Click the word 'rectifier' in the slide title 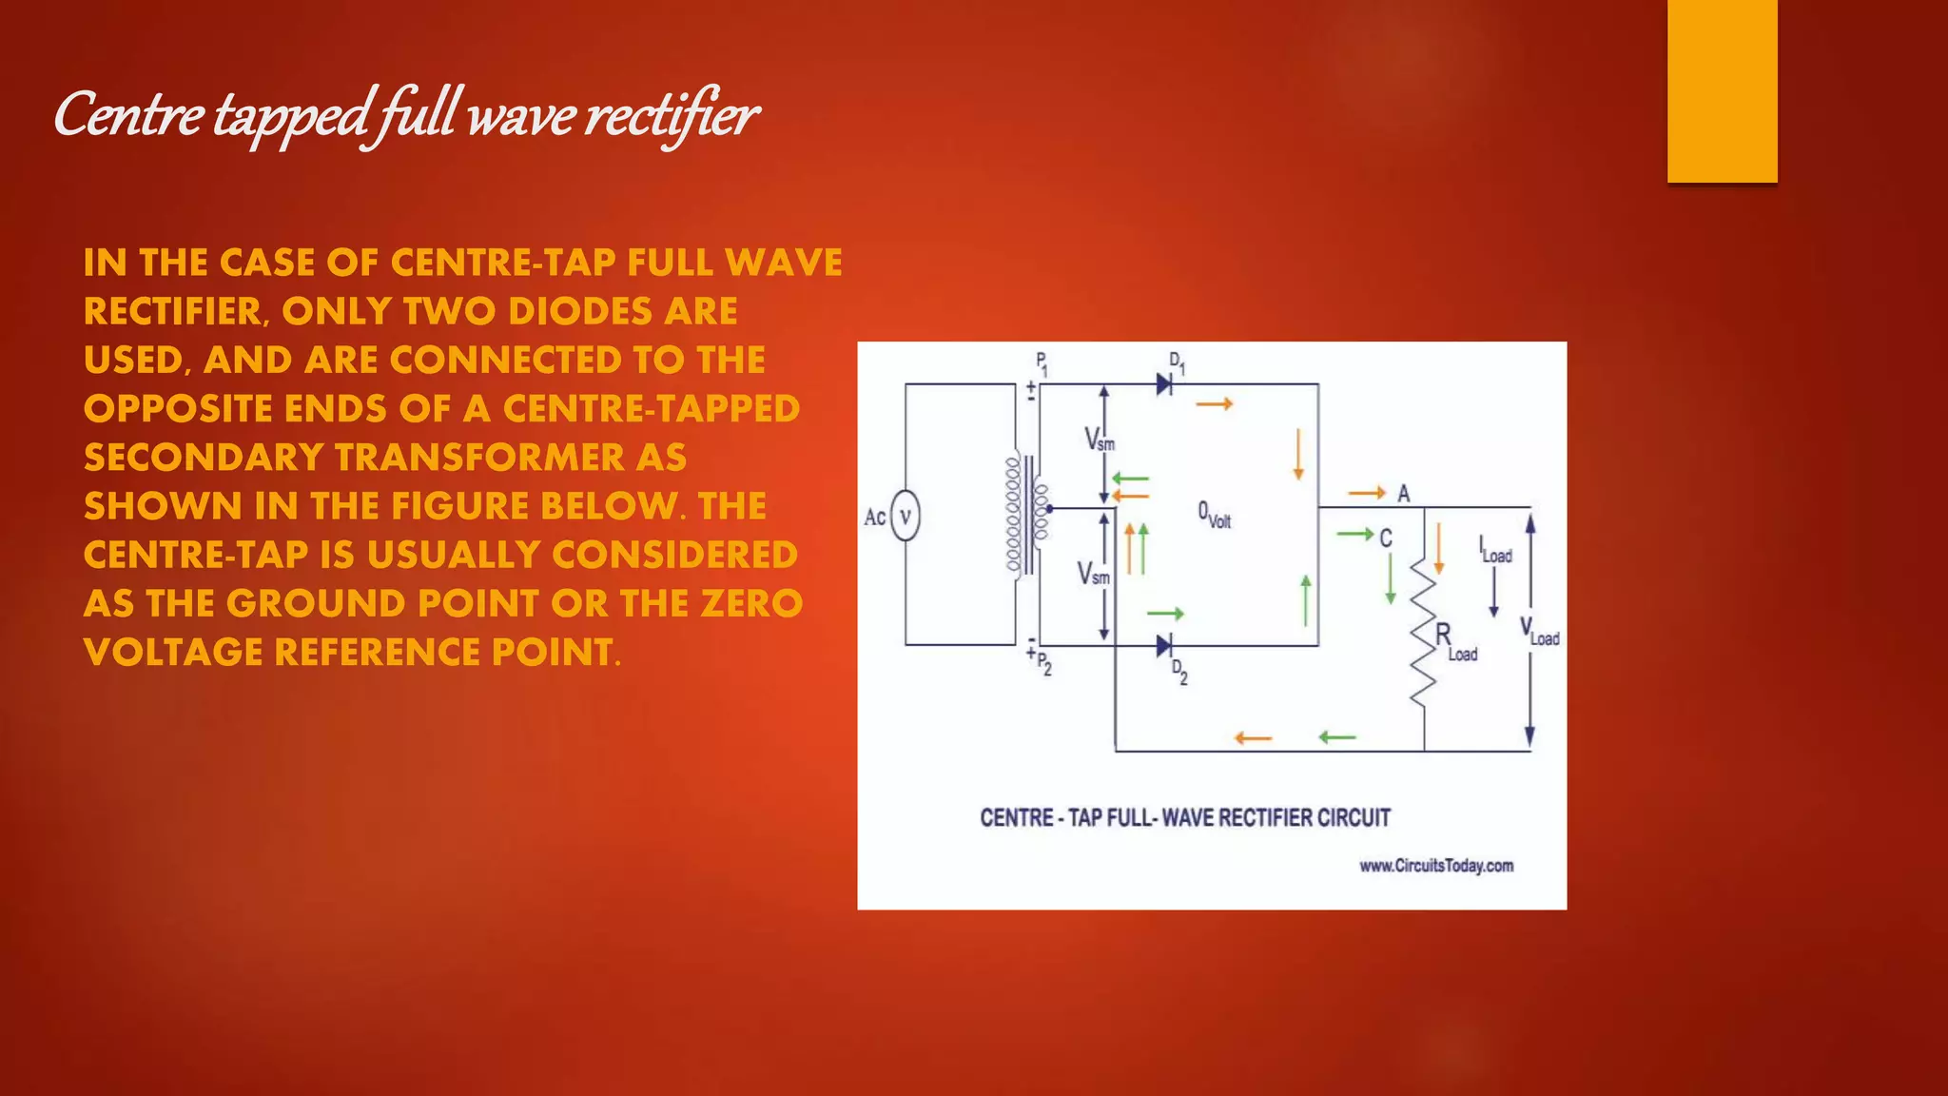671,116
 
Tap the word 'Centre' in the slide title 127,116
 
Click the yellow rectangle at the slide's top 1722,90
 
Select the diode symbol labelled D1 1163,384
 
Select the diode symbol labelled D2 1163,646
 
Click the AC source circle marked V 905,517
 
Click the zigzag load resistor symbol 1422,632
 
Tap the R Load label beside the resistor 1455,642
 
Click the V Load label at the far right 1539,631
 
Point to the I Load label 1494,551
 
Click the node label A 1403,494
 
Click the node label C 1386,538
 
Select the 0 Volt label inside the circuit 1214,515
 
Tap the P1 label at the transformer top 1042,363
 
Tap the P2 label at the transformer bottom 1044,663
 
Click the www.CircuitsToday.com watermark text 1435,866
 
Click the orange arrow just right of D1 1214,404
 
